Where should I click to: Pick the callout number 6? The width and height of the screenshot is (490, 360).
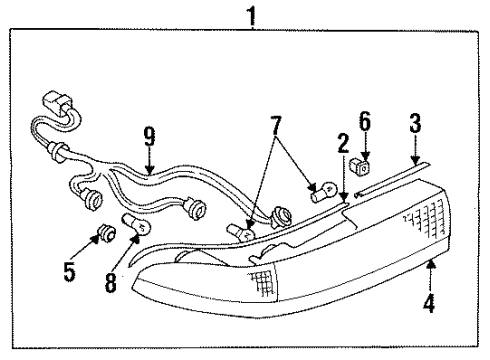[366, 123]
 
